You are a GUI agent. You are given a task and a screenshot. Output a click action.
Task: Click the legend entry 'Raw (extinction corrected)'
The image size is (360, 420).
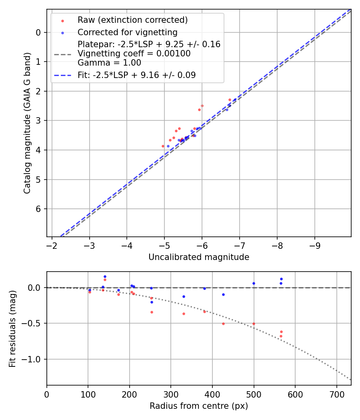coord(132,20)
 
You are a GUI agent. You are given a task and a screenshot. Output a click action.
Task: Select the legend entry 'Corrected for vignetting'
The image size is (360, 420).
coord(127,32)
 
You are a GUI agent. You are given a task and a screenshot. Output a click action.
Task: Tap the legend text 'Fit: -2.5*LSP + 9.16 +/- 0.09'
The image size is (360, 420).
coord(136,75)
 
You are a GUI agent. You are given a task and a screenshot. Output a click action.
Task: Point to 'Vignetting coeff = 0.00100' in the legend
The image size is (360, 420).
coord(134,54)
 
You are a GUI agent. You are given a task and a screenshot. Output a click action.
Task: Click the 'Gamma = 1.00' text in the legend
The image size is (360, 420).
coord(109,63)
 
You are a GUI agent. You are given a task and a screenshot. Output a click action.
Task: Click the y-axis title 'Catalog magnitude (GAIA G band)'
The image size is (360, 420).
coord(27,123)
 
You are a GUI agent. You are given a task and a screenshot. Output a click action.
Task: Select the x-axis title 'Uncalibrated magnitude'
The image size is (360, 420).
coord(199,257)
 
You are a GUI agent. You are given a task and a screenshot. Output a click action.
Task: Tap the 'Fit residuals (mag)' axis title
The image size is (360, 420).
coord(13,328)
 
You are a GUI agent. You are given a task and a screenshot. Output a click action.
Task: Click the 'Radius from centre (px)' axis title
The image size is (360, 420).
coord(199,406)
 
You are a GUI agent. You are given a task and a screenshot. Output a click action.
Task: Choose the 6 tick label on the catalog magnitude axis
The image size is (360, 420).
coord(39,209)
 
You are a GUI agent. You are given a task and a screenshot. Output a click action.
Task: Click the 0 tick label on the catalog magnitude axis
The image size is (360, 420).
coord(39,32)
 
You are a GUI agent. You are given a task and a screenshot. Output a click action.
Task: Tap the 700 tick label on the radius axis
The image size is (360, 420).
coord(336,394)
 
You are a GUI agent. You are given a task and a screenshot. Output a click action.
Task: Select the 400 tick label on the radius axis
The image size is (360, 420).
coord(212,394)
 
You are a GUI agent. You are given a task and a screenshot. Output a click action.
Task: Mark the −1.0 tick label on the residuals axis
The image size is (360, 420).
coord(33,359)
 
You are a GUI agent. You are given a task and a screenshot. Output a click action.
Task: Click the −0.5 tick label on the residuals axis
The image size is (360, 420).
coord(33,323)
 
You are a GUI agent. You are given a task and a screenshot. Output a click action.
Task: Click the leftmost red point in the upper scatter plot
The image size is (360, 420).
coord(163,146)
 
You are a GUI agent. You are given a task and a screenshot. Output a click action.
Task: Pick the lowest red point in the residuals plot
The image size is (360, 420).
coord(281,336)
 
